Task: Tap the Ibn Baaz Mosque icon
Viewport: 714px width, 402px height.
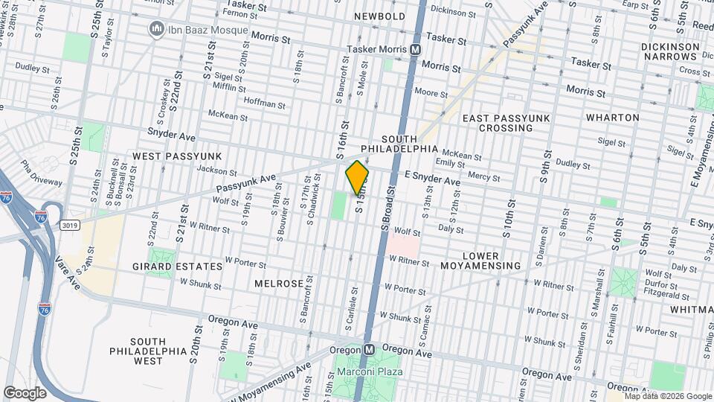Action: pos(156,29)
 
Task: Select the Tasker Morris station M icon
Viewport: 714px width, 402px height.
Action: pos(416,49)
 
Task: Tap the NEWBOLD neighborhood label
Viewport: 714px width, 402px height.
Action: pos(379,16)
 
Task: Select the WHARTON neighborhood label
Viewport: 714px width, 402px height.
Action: pos(612,118)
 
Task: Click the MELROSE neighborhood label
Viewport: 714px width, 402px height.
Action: pos(279,284)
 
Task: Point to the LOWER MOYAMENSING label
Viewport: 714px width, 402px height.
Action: pos(491,261)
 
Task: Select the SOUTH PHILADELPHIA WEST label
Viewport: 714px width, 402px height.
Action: pos(138,351)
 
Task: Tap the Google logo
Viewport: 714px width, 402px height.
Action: pos(25,392)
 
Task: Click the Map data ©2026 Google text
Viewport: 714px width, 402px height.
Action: pos(667,396)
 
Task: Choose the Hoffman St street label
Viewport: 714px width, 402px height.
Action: pos(265,105)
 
